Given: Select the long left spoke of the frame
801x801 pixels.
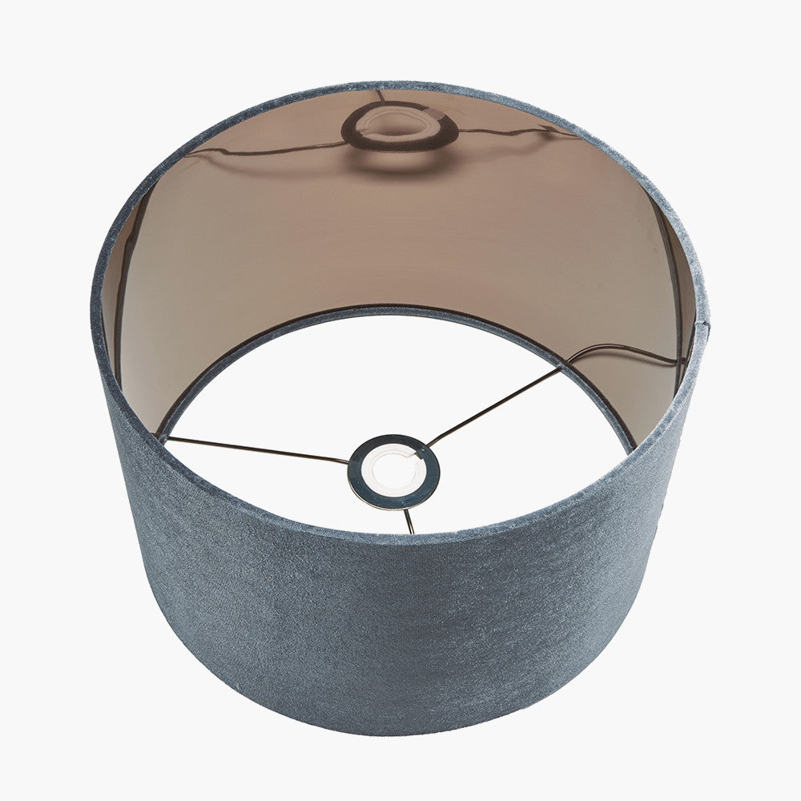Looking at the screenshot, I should (x=256, y=449).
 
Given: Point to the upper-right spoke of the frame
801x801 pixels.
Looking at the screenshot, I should (x=497, y=404).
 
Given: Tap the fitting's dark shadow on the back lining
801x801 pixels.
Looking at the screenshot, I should (x=398, y=128).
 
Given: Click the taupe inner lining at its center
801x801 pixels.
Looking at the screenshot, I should (x=400, y=232).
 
